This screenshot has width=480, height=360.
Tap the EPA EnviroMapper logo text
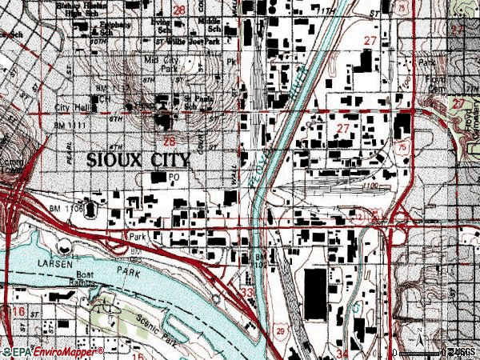(x=52, y=351)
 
